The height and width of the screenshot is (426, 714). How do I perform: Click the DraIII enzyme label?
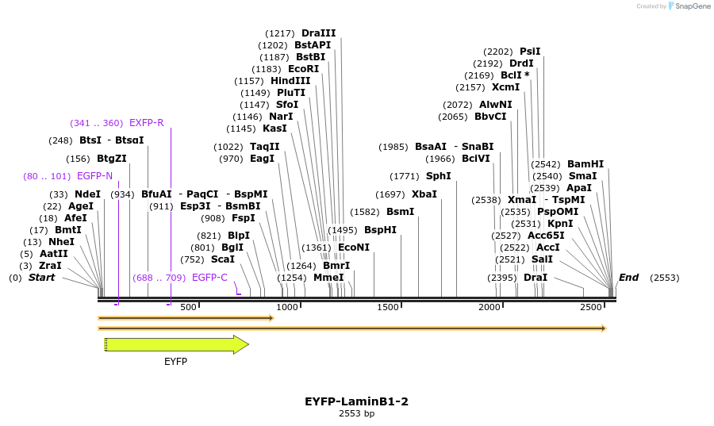[318, 33]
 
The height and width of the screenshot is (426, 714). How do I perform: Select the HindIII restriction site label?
[290, 81]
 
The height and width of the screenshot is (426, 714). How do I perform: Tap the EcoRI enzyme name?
[303, 69]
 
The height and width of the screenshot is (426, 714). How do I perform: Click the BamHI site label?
[585, 164]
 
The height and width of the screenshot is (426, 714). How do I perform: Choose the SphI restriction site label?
[438, 176]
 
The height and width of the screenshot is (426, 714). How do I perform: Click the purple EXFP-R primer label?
[147, 123]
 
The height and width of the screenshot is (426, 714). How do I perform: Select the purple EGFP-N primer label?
[94, 176]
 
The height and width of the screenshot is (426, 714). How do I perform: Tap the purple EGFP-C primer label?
[209, 278]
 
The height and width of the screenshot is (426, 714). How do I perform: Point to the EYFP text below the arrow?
[175, 362]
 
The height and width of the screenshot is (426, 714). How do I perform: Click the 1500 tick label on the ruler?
[388, 307]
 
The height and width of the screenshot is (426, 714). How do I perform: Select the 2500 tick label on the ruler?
[591, 307]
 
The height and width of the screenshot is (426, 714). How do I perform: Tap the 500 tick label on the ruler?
[188, 307]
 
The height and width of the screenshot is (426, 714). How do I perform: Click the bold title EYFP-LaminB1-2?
[356, 402]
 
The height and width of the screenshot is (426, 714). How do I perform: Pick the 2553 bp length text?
[356, 414]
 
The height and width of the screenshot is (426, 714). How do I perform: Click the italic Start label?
[42, 278]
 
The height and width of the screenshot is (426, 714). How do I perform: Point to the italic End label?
[628, 278]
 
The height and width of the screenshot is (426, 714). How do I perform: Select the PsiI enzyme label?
[530, 52]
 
